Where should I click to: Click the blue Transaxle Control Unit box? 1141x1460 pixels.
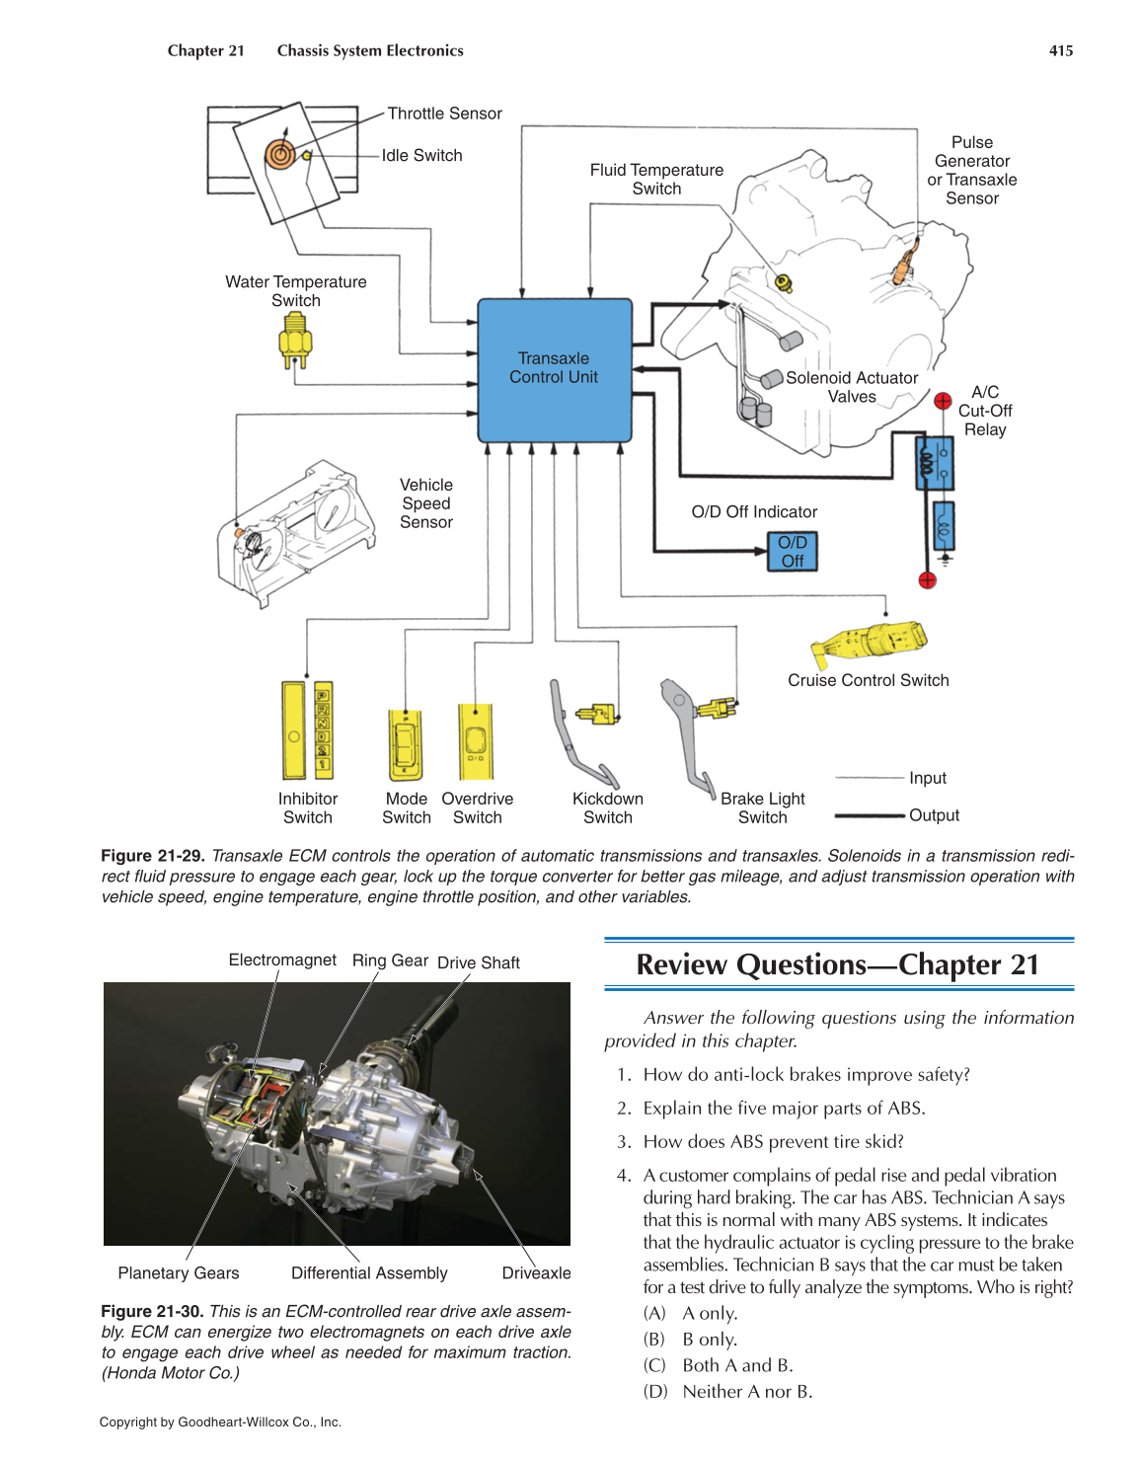pos(555,370)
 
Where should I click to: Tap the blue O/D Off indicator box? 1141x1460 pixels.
pos(793,552)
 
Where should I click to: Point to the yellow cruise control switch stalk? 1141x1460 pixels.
pos(870,642)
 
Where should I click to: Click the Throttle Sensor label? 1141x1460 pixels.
pos(444,114)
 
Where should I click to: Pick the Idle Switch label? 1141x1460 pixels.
pos(421,155)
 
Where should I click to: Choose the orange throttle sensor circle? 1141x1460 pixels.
pos(279,154)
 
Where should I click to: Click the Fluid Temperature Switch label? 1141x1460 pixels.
pos(656,180)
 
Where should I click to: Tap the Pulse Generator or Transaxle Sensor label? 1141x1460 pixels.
pos(972,170)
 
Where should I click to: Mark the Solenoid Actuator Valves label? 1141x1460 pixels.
pos(852,387)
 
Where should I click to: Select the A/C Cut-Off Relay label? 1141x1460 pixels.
pos(985,411)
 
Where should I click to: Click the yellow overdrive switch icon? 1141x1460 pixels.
pos(476,741)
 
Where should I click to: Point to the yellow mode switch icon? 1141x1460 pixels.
pos(405,745)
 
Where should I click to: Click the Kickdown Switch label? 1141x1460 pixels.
pos(608,807)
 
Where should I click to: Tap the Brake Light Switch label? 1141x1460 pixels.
pos(763,807)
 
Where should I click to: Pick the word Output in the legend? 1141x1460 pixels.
pos(934,815)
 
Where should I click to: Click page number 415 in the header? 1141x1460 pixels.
pos(1061,50)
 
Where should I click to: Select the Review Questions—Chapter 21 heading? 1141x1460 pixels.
pos(838,964)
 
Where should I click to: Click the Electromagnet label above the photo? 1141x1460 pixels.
pos(282,960)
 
